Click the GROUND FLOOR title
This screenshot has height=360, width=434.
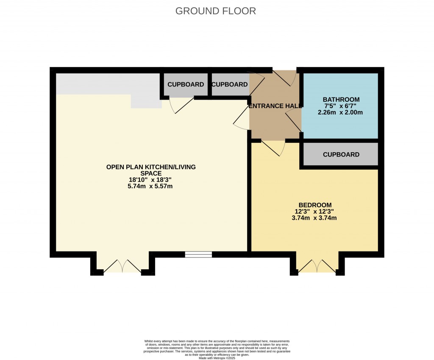[x=216, y=11]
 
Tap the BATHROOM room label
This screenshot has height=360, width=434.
[x=341, y=100]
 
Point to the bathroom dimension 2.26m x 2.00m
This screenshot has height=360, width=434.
[x=341, y=113]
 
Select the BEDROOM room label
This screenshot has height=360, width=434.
[x=315, y=205]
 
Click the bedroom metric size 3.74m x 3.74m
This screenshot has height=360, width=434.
[x=315, y=218]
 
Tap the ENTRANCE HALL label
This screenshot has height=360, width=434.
[x=275, y=106]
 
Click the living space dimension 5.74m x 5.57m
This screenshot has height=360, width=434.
[x=151, y=186]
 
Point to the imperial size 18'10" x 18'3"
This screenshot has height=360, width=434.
[x=151, y=180]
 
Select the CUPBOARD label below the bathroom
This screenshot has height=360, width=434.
[x=341, y=155]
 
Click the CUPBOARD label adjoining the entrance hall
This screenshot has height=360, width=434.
[x=229, y=84]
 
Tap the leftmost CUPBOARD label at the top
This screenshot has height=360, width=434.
[x=186, y=84]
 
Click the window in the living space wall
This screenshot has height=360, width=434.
[x=198, y=254]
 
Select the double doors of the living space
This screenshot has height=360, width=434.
[x=122, y=266]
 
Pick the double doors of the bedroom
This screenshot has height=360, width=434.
[x=317, y=266]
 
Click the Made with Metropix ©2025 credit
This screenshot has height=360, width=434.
[x=217, y=358]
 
